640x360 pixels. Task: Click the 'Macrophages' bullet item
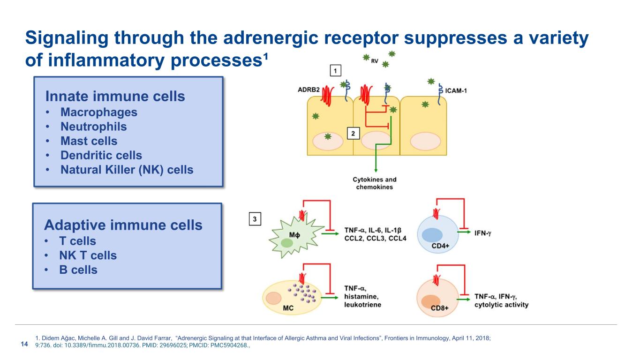[98, 112]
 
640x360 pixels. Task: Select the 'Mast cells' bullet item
[89, 141]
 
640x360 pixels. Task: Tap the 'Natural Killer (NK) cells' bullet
[127, 170]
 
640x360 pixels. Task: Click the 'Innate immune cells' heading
[115, 97]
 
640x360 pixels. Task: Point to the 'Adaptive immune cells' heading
[123, 225]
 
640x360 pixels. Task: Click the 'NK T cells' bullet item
[88, 255]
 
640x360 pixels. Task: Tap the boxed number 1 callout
[336, 71]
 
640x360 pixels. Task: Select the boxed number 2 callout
[353, 134]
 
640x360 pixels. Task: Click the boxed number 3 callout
[255, 219]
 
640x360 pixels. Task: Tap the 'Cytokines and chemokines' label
[375, 183]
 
